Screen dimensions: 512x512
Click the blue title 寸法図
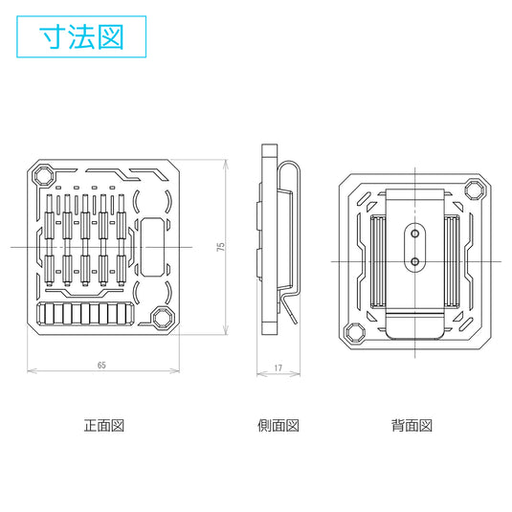point(81,36)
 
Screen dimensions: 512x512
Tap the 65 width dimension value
point(101,365)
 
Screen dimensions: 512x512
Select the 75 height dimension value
point(221,247)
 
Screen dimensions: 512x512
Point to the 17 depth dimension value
point(278,368)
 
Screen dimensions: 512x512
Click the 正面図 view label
point(104,426)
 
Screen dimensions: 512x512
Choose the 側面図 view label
point(278,426)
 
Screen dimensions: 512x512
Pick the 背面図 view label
point(412,426)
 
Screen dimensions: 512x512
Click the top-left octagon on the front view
point(43,176)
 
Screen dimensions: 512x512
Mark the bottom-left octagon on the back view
point(354,332)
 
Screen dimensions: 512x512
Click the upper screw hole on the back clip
point(414,234)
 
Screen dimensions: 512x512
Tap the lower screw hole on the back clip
point(414,261)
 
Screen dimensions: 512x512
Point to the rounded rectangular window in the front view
point(151,247)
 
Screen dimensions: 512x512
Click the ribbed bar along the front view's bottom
point(85,314)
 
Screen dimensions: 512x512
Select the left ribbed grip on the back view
point(378,261)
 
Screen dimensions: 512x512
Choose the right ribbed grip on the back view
point(452,261)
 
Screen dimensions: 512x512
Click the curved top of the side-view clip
point(289,163)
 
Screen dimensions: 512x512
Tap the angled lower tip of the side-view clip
point(292,315)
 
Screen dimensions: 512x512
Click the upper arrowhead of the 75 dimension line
point(226,164)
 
